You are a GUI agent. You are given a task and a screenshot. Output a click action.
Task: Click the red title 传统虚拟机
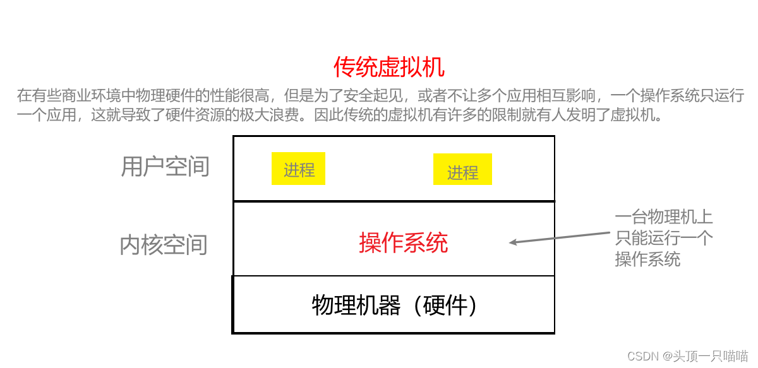click(389, 66)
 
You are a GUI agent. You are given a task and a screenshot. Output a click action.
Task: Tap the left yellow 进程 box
click(299, 169)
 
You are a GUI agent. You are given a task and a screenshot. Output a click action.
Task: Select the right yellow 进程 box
click(462, 172)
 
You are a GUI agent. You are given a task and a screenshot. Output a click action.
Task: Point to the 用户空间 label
click(165, 167)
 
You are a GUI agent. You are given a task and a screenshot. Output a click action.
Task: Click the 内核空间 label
click(164, 245)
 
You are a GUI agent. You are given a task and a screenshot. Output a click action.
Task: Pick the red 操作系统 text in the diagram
click(403, 242)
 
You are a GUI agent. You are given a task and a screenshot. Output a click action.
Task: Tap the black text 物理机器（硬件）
click(395, 306)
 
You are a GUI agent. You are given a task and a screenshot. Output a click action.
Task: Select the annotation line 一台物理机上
click(663, 217)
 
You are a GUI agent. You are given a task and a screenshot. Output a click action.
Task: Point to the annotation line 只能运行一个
click(663, 238)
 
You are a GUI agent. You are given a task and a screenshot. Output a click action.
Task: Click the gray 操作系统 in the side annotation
click(647, 259)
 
